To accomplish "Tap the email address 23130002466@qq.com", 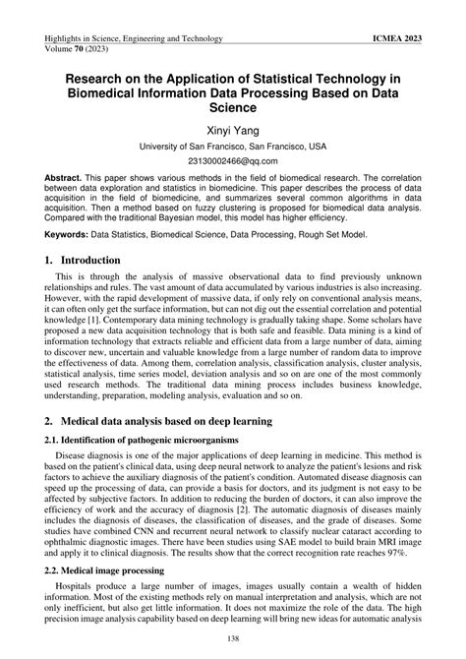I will (x=233, y=160).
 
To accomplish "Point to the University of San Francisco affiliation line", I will (x=233, y=145).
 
